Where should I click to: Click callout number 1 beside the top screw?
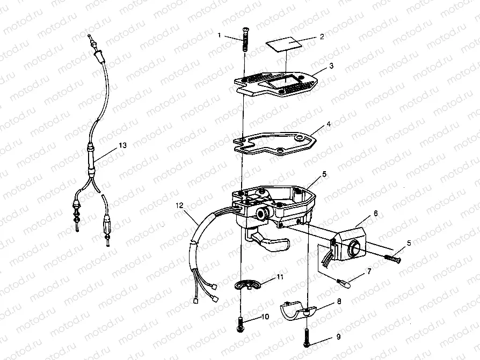[x=219, y=35]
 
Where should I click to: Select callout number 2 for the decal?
[x=322, y=37]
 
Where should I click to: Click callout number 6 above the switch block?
[x=375, y=213]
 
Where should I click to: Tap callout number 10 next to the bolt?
[x=266, y=317]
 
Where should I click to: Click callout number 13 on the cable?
[x=123, y=145]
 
